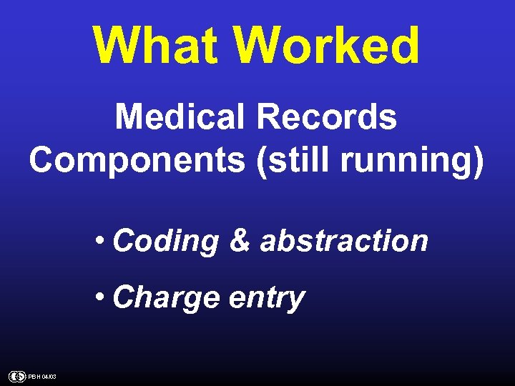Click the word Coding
tap(165, 242)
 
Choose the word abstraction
tap(344, 241)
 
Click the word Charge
tap(165, 297)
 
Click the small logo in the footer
tap(16, 376)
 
